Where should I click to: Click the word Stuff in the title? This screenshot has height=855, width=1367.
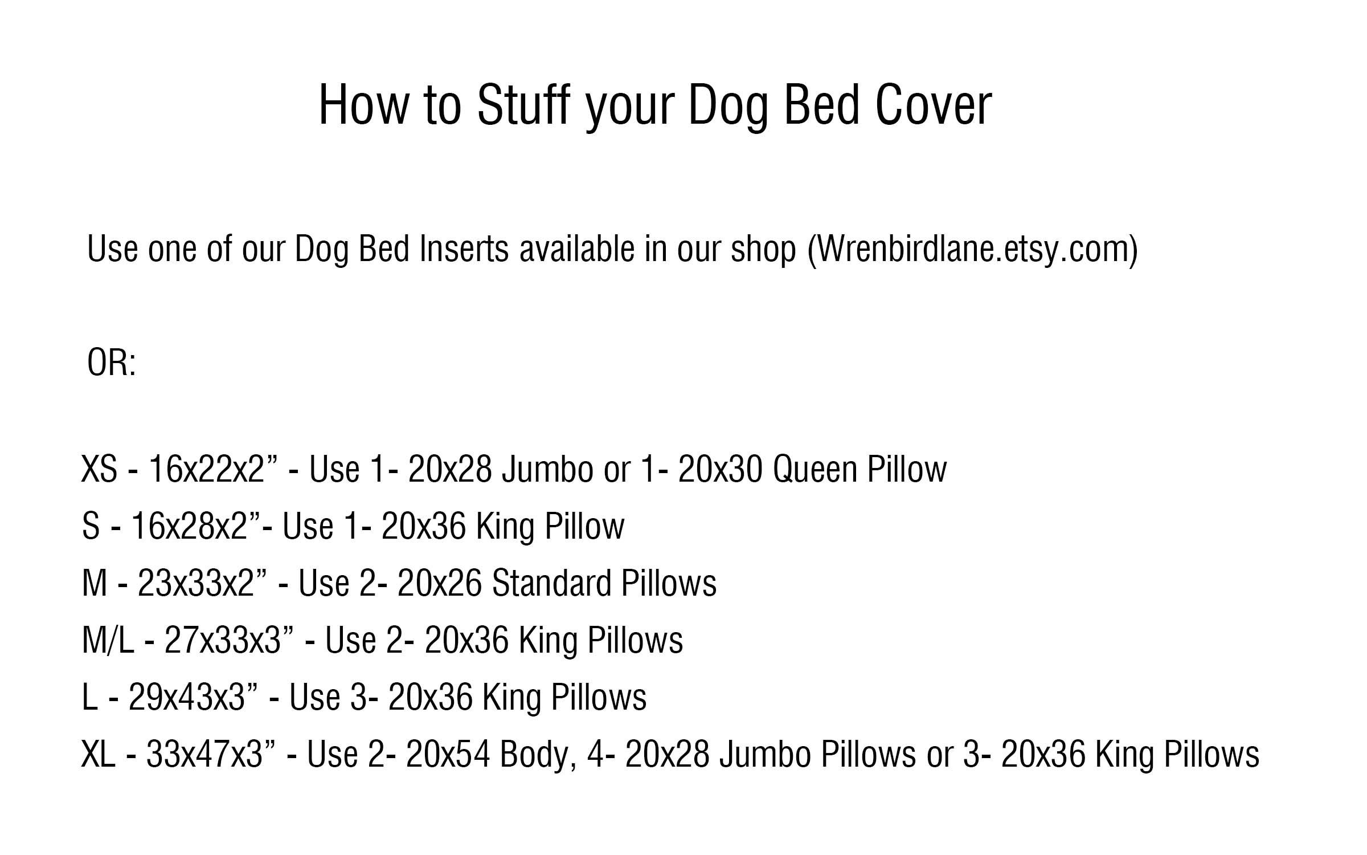pos(523,105)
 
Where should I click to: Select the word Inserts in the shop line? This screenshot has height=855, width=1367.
pos(463,249)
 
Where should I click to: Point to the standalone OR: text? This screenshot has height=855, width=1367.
pos(112,363)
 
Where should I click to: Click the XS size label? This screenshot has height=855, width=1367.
pos(100,470)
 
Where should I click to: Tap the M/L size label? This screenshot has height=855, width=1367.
pos(108,641)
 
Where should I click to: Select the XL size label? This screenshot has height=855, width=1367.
pos(99,755)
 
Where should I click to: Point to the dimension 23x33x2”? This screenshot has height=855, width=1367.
pos(202,584)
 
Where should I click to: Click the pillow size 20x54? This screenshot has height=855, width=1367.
pos(448,755)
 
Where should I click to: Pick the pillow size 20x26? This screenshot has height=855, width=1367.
pos(440,584)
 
